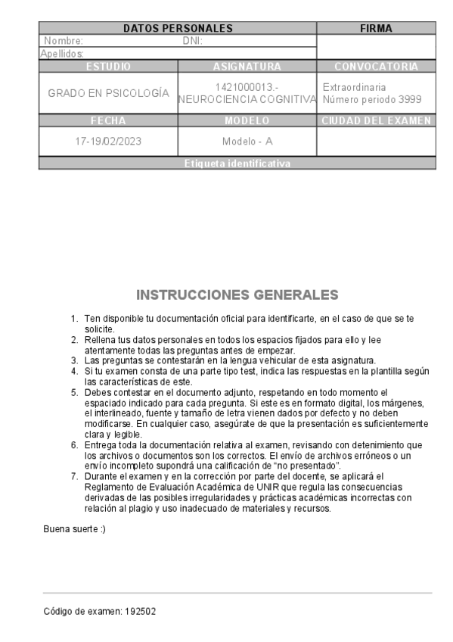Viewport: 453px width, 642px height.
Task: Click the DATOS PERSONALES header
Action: point(178,29)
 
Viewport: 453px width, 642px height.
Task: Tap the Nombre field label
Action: point(64,41)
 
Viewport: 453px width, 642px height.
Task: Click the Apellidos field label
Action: point(63,54)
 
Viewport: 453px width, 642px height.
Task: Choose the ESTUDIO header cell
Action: point(108,67)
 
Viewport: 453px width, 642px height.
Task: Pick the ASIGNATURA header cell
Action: point(247,67)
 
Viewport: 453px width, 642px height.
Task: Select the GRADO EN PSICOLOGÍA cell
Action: point(108,93)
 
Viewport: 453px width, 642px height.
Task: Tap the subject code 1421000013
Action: point(247,86)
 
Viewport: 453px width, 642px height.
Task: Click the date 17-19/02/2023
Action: point(108,141)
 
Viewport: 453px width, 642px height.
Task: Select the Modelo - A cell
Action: point(247,141)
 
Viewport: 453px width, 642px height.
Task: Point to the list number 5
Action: point(74,391)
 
